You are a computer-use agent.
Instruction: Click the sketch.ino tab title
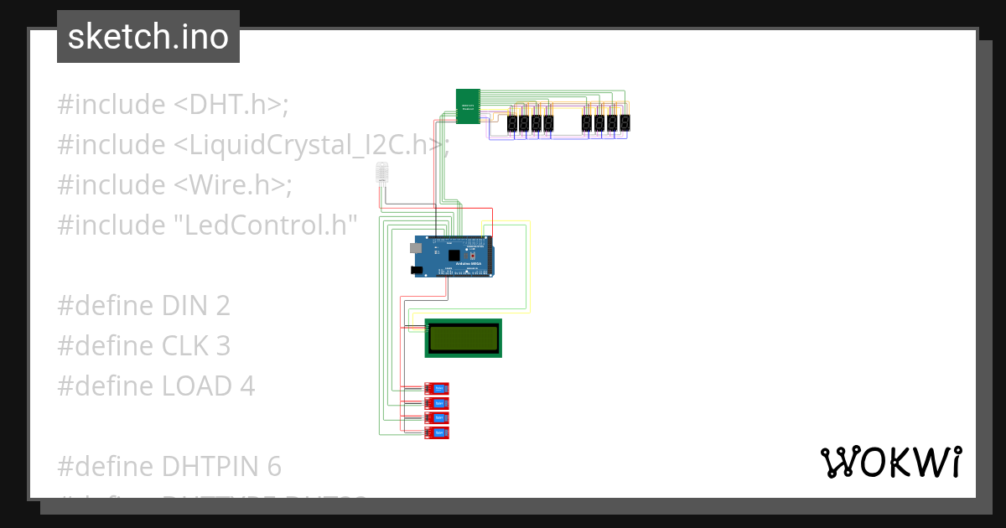click(148, 37)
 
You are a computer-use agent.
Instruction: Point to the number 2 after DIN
click(222, 306)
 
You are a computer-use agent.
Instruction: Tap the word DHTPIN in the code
click(203, 466)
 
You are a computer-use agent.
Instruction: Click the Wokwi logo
click(890, 462)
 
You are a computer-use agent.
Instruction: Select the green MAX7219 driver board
click(468, 106)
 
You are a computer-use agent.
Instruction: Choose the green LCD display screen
click(463, 338)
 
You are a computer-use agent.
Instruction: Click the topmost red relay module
click(437, 388)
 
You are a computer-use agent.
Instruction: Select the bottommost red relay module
click(437, 432)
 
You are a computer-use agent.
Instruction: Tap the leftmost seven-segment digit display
click(511, 124)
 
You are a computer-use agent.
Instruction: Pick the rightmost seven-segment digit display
click(625, 124)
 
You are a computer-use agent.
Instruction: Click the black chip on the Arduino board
click(454, 255)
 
